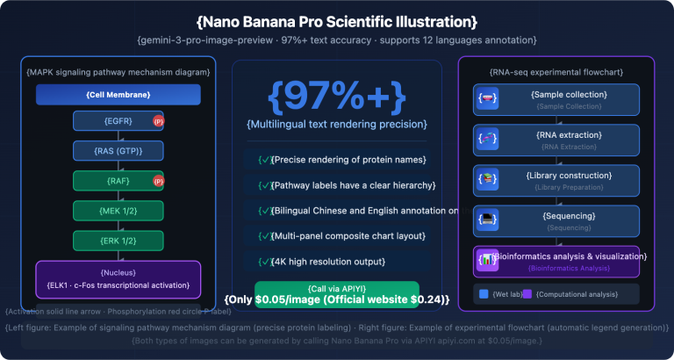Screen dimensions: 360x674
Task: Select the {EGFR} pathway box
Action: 118,121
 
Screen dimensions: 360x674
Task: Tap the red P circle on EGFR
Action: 158,121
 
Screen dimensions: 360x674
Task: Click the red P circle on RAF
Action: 158,182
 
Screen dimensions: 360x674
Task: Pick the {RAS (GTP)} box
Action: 118,151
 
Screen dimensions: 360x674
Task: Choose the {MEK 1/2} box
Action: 118,211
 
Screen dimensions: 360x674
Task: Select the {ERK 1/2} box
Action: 118,241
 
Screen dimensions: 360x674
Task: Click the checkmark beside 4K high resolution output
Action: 264,262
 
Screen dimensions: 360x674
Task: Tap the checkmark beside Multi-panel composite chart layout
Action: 264,236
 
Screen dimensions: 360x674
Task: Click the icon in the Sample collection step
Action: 487,98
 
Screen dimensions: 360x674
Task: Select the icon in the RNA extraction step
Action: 487,139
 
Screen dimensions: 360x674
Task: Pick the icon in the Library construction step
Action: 487,179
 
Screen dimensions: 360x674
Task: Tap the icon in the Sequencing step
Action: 487,220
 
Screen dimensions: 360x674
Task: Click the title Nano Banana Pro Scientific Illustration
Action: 337,20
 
